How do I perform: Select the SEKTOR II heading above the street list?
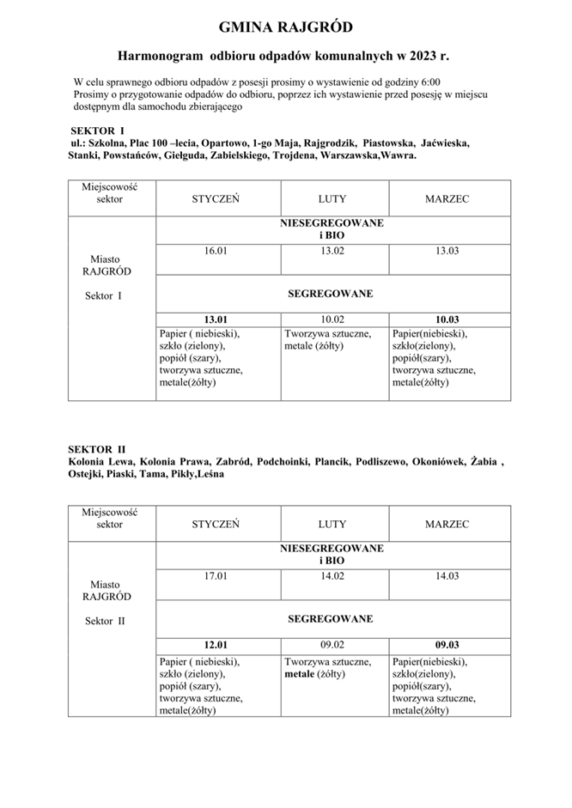click(97, 448)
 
